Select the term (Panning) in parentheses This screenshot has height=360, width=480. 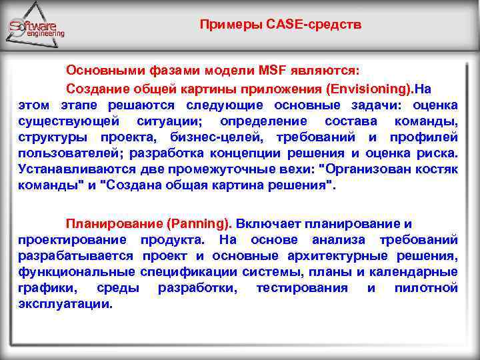point(199,224)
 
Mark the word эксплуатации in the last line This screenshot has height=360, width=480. point(65,304)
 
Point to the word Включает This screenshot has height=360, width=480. point(268,224)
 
